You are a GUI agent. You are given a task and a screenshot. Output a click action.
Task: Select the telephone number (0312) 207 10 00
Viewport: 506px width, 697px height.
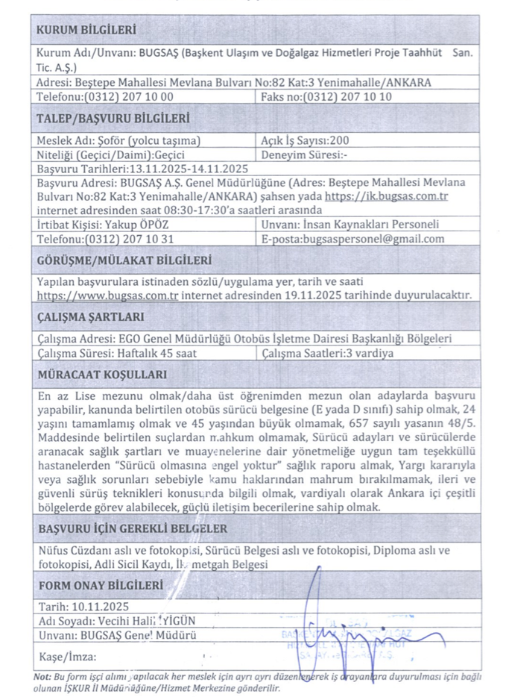coord(129,96)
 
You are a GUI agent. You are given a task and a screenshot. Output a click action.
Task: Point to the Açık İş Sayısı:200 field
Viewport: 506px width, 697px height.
coord(306,140)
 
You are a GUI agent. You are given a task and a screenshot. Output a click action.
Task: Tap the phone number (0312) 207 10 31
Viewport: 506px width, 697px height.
coord(128,239)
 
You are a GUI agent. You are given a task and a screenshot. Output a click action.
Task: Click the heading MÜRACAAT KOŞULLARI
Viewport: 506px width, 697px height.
coord(101,375)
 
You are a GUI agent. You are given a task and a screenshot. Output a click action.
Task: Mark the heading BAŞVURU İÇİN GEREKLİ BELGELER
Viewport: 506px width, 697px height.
coord(132,528)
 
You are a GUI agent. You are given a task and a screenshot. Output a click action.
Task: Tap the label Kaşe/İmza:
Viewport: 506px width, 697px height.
coord(66,657)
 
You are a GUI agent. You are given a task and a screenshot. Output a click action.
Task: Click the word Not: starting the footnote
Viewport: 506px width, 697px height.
coord(42,677)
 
